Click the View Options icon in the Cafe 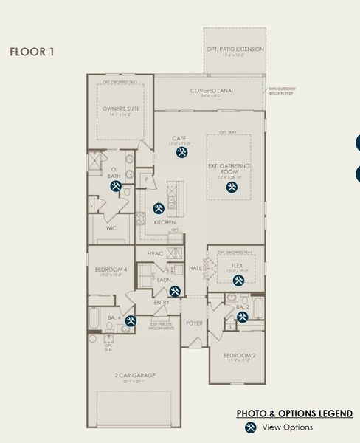point(182,152)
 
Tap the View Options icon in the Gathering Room point(232,188)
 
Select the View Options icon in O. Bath point(116,187)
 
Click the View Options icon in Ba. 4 point(131,320)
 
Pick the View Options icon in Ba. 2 point(242,317)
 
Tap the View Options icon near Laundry point(175,291)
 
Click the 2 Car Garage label point(134,375)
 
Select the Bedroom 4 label point(111,271)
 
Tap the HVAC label point(155,253)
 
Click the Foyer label point(194,323)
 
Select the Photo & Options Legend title point(294,413)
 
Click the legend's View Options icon point(251,427)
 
